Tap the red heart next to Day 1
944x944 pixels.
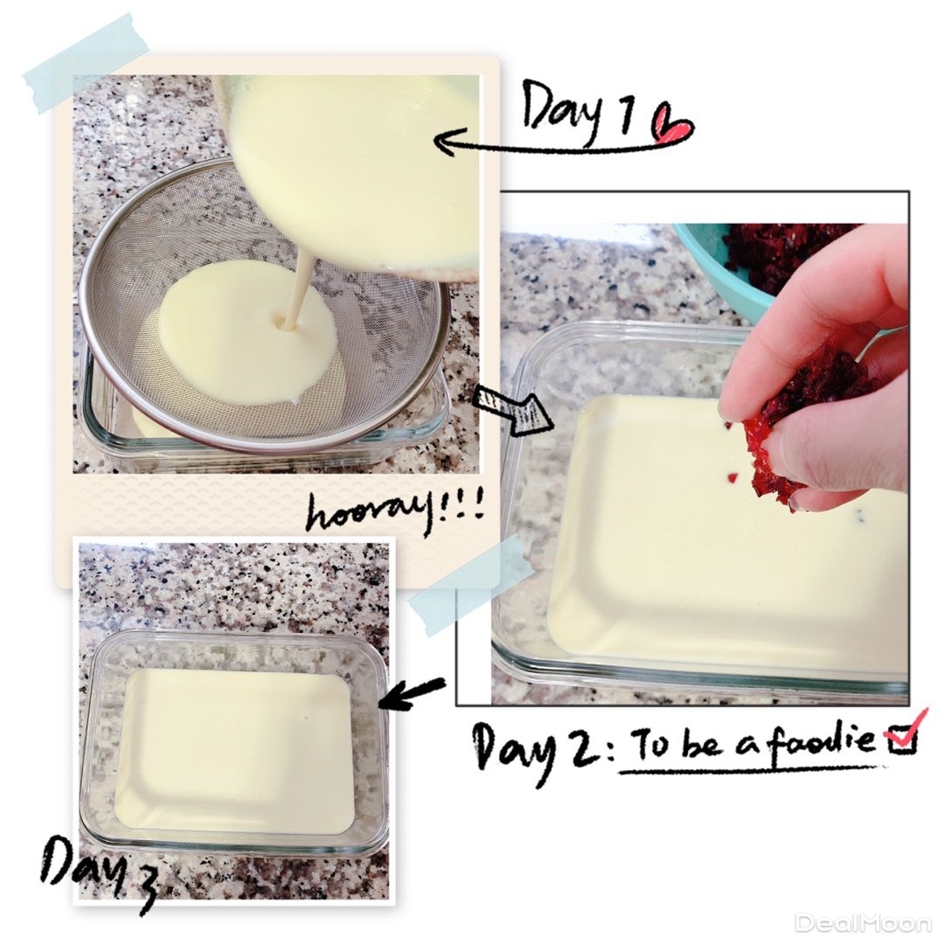674,125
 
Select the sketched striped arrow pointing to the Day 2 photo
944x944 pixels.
515,409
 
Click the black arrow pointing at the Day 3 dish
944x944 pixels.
412,692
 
